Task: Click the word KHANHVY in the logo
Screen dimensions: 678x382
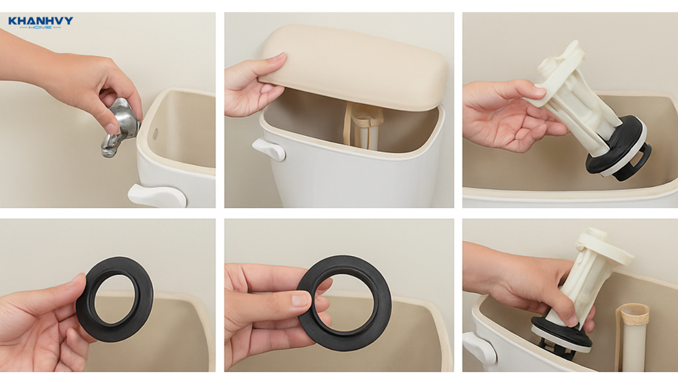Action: [x=40, y=21]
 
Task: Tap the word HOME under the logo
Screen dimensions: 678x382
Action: [x=40, y=27]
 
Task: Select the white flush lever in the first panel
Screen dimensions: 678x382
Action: [x=157, y=196]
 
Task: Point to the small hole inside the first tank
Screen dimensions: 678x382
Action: [x=155, y=133]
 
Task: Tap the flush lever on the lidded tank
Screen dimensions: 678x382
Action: [x=269, y=149]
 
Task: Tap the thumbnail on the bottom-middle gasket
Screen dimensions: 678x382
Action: [x=301, y=299]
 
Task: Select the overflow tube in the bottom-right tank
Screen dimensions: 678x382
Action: [x=632, y=337]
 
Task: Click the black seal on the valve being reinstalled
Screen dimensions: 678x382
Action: [x=561, y=333]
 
